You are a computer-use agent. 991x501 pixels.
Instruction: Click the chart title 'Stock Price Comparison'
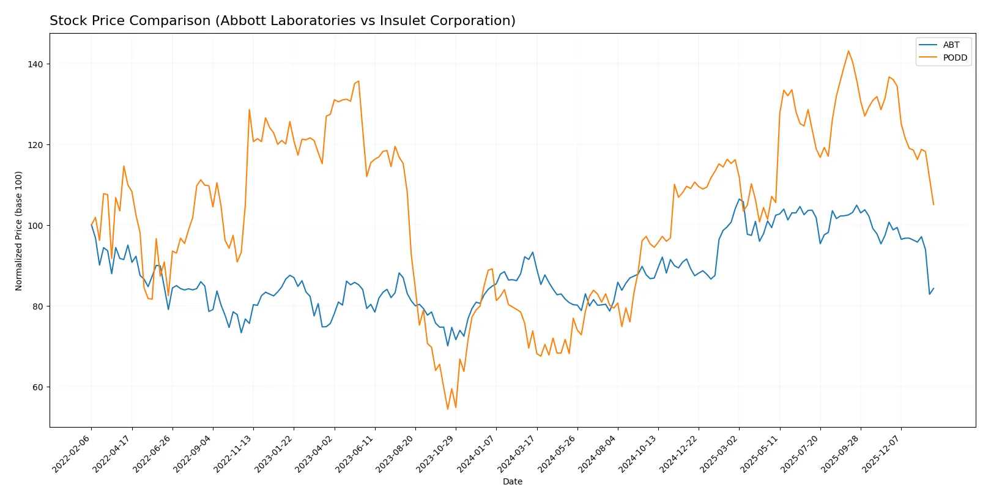point(282,21)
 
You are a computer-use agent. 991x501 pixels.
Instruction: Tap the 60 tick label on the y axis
point(37,387)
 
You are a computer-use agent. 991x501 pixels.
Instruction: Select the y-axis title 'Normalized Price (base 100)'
point(19,231)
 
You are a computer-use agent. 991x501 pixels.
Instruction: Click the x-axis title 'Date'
point(512,482)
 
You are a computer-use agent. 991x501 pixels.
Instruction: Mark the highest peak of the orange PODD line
point(848,51)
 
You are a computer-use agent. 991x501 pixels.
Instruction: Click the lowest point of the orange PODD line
point(447,409)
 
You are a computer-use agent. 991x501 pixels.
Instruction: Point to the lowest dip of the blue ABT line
point(447,346)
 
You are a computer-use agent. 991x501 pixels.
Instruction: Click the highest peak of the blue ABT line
point(739,199)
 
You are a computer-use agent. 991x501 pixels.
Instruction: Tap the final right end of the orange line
point(933,204)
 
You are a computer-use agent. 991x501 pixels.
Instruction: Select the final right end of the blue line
point(933,288)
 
